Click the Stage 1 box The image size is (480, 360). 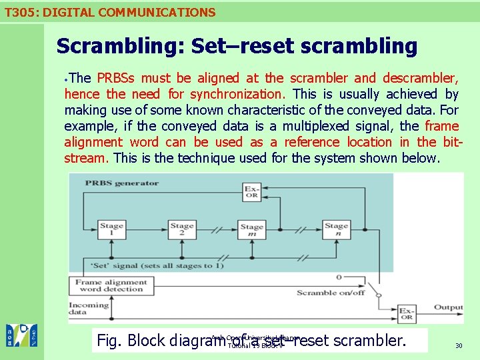point(111,230)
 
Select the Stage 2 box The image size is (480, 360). point(181,230)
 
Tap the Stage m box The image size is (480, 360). point(252,231)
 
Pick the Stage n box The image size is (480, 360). point(337,230)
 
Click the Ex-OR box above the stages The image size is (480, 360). point(252,191)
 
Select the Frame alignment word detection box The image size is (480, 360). point(110,286)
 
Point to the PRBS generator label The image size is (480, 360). point(122,183)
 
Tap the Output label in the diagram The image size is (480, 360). point(448,307)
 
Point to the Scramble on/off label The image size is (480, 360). point(331,293)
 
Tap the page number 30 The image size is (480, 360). point(459,345)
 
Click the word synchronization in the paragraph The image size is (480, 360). point(247,94)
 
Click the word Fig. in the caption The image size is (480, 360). point(110,341)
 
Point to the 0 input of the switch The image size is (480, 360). point(339,277)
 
